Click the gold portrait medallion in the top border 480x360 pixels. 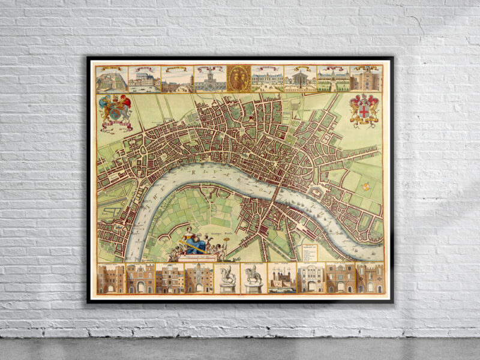[x=239, y=78]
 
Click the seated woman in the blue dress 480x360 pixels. [x=193, y=240]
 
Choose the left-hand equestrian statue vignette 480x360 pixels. [x=226, y=278]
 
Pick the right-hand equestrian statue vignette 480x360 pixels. [x=253, y=278]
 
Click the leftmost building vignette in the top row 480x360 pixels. [x=112, y=79]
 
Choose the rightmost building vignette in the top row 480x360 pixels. [x=366, y=79]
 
